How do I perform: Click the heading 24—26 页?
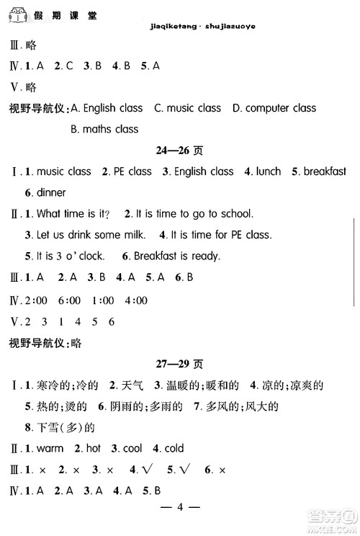tap(179, 151)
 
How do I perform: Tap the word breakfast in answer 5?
tap(325, 171)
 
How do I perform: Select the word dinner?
tap(50, 192)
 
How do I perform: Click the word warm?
tap(50, 448)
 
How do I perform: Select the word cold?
tap(174, 448)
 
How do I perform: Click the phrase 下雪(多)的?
tap(60, 427)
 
